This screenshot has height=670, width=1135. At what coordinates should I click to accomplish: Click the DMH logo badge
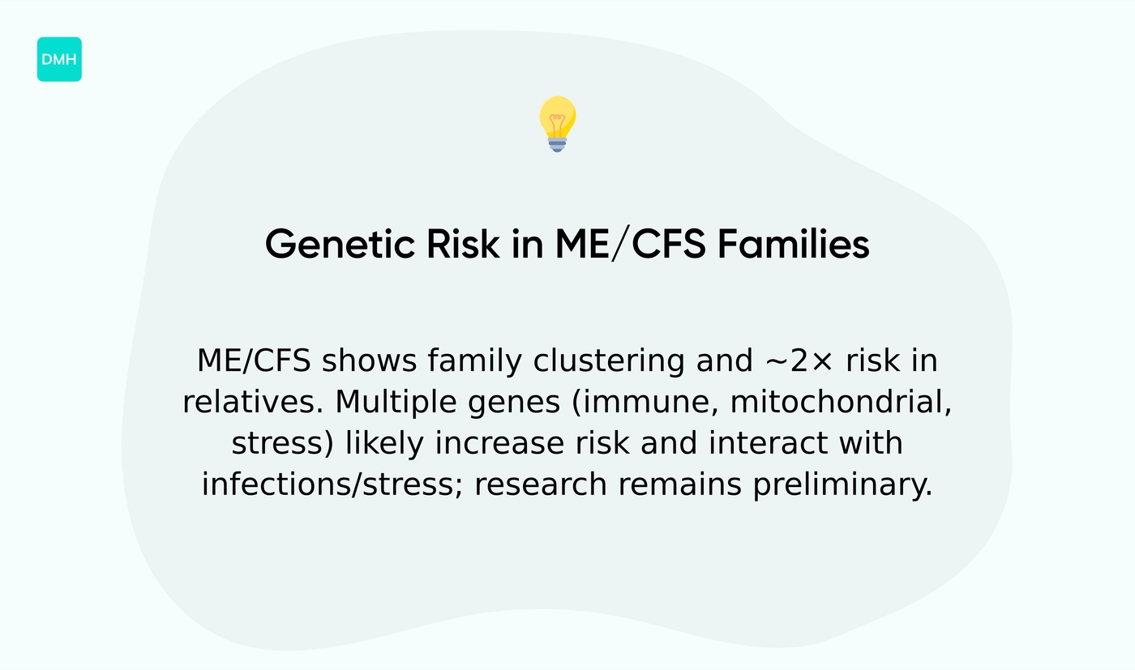59,59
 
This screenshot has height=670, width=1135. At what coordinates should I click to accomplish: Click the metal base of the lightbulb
557,144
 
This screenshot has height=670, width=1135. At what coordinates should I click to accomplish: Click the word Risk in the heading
459,244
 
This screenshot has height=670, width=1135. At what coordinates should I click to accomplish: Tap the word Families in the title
793,244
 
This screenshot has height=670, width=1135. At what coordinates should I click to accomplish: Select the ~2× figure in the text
798,361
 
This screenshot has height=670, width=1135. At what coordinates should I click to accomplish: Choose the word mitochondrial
841,403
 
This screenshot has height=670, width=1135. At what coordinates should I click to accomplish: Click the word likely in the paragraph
385,444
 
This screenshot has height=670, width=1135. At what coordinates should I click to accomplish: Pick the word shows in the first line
369,361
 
